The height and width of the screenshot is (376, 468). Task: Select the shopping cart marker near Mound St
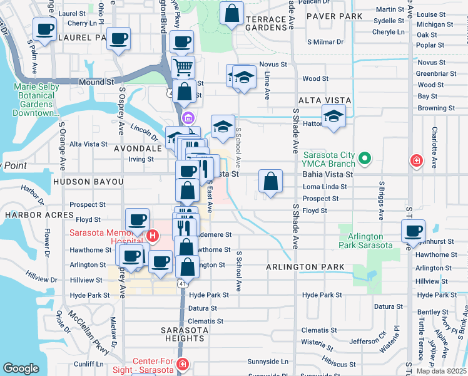click(x=183, y=66)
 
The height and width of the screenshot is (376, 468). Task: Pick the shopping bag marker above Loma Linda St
click(x=270, y=182)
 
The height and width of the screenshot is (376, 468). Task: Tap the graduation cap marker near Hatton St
click(x=334, y=117)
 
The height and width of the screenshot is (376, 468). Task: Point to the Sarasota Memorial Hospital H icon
click(x=152, y=236)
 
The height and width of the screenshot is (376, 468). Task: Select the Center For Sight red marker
click(x=181, y=364)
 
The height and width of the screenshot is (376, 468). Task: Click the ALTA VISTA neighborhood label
click(x=324, y=100)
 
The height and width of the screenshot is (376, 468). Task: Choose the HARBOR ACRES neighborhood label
click(x=31, y=215)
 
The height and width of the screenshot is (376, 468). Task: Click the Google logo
click(x=21, y=368)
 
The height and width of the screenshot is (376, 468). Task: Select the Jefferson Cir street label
click(x=369, y=342)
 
